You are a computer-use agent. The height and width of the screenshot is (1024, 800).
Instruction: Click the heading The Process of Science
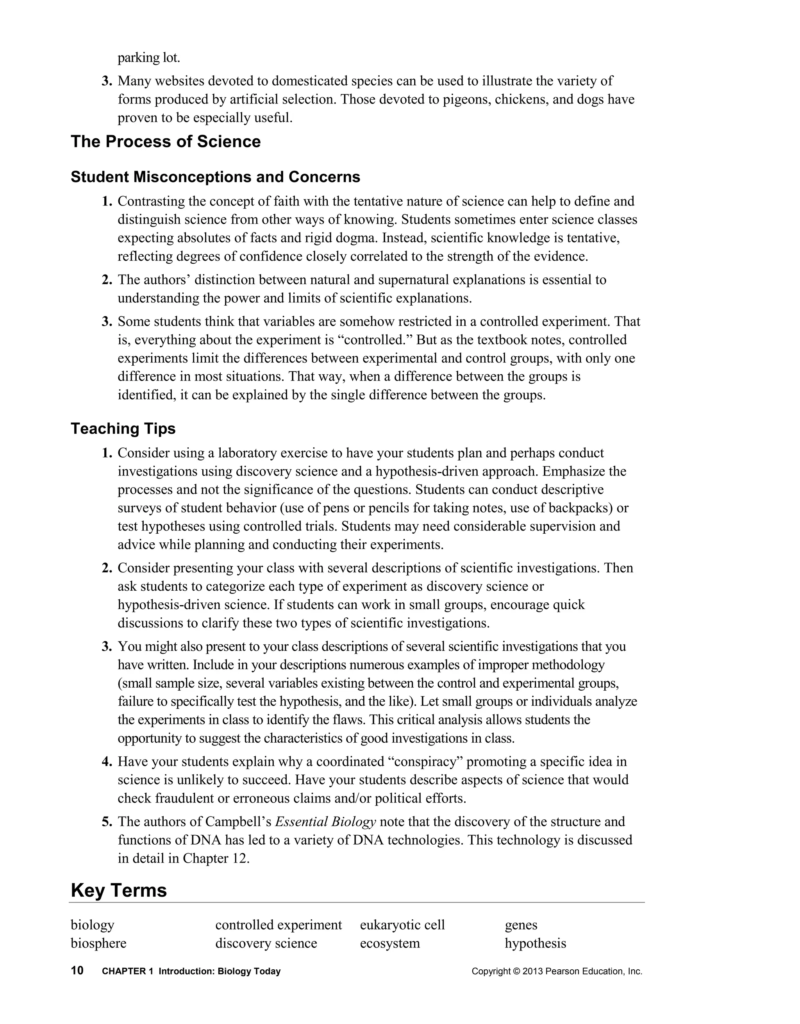coord(166,141)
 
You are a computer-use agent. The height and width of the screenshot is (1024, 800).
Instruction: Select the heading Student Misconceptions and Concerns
coord(215,177)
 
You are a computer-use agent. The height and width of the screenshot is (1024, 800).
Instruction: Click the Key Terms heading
coord(119,890)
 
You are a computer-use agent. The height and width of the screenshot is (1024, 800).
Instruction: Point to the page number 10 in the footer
coord(77,970)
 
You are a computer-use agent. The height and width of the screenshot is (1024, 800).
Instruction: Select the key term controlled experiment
coord(279,925)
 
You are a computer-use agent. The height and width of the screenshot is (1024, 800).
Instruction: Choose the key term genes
coord(521,925)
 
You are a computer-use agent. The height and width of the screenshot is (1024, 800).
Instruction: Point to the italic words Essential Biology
coord(325,822)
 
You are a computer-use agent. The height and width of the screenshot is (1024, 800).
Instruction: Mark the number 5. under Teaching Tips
coord(107,822)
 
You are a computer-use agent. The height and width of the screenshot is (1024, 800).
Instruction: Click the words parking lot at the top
coord(148,58)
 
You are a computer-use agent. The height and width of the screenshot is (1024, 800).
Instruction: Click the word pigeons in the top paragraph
coord(464,99)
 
